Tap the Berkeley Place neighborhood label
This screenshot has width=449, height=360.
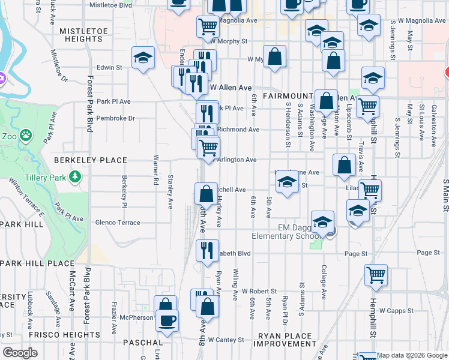pos(91,160)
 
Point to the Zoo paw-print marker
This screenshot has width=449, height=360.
pos(25,136)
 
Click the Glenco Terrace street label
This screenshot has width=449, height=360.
pos(118,223)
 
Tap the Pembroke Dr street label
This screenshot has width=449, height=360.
pos(116,118)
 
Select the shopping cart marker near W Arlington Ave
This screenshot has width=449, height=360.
pos(208,147)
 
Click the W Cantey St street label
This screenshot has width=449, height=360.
pos(226,340)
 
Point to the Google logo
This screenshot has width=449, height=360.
pos(19,353)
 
